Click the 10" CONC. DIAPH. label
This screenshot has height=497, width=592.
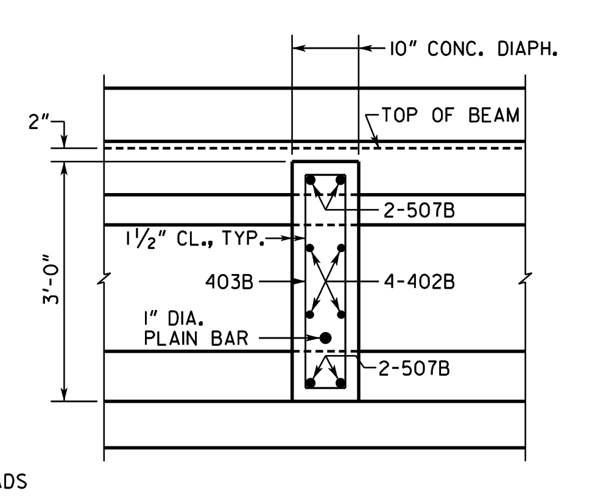[x=473, y=49]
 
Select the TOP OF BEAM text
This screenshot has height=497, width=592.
[x=451, y=115]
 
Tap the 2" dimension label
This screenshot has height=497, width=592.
[x=38, y=122]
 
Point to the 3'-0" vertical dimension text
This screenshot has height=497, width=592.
[x=51, y=280]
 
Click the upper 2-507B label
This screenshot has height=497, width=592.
[x=419, y=210]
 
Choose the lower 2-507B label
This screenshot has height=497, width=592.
[x=414, y=368]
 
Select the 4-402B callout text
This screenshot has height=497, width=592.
[x=419, y=282]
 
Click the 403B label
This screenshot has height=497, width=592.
[x=229, y=282]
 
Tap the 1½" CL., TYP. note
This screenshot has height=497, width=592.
[x=195, y=239]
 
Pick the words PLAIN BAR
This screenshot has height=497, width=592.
[x=196, y=338]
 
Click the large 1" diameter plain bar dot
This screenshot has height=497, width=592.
[x=325, y=338]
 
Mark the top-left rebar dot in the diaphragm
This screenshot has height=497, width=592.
[x=311, y=180]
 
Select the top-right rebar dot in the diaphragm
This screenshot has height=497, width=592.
[x=340, y=180]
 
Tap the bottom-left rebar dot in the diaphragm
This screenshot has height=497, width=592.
[x=311, y=383]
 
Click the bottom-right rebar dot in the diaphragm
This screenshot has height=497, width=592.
[x=340, y=383]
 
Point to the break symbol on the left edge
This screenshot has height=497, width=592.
[x=104, y=279]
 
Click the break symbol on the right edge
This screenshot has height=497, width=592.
[x=525, y=279]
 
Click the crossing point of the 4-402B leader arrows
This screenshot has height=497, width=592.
[x=325, y=281]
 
